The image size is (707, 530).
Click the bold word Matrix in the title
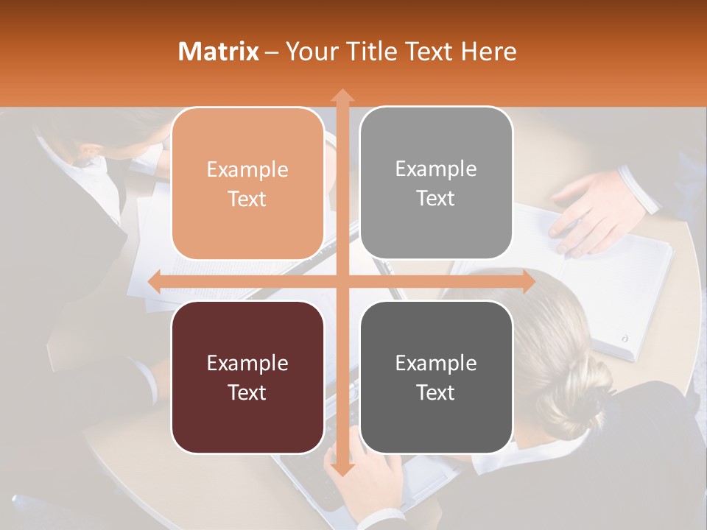[218, 52]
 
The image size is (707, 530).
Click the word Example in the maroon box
[247, 363]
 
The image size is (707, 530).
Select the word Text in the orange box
[247, 199]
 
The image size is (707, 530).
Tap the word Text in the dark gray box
[435, 392]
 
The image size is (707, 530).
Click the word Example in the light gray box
[435, 169]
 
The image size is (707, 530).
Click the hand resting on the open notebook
[589, 213]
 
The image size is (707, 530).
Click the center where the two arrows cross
[342, 282]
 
